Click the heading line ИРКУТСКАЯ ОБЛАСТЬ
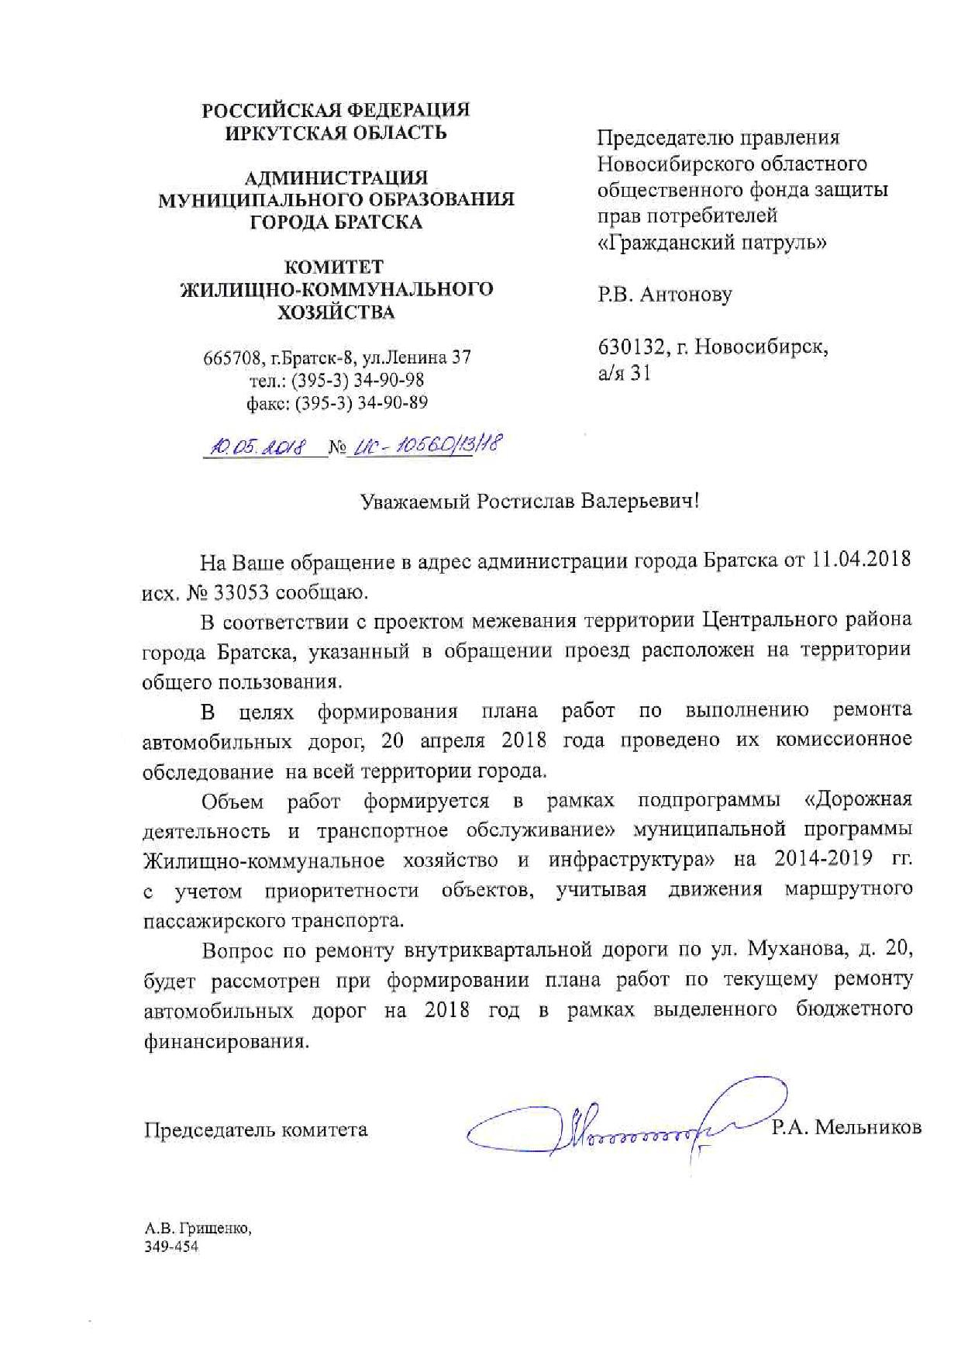[x=336, y=133]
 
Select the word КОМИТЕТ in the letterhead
[x=335, y=267]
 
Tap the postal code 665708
[x=230, y=358]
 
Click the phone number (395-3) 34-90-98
[x=362, y=381]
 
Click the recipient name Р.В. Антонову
[x=663, y=295]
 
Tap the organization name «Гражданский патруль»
[x=712, y=243]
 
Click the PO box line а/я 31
[x=624, y=374]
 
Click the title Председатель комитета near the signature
[x=256, y=1130]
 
